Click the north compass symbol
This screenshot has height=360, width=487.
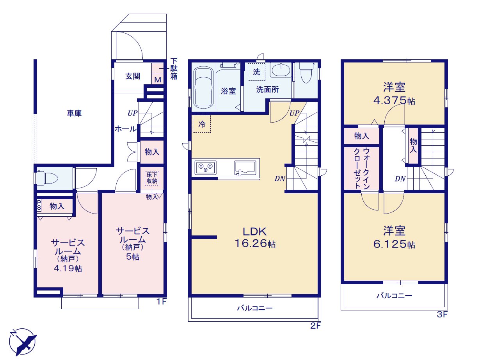pos(22,342)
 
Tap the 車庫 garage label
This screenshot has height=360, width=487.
pos(74,113)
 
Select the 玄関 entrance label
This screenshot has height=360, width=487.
pos(133,76)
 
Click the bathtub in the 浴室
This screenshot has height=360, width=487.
pos(204,87)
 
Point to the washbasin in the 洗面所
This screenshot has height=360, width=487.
pos(281,70)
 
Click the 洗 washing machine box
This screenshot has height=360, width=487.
pos(256,72)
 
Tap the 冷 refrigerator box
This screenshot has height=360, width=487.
pos(202,124)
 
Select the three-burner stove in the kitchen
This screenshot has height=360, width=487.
pos(205,168)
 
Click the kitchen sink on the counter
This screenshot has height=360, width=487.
pos(245,168)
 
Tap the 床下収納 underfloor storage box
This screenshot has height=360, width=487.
pos(152,178)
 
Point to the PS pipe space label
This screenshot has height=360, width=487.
pos(39,205)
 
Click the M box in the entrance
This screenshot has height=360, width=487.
pos(158,80)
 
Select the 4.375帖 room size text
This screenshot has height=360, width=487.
pos(394,101)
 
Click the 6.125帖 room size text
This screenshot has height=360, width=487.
pos(394,244)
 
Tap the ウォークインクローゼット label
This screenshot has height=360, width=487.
pos(362,168)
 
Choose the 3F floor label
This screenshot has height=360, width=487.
pos(442,315)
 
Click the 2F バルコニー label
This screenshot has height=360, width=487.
pos(254,308)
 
